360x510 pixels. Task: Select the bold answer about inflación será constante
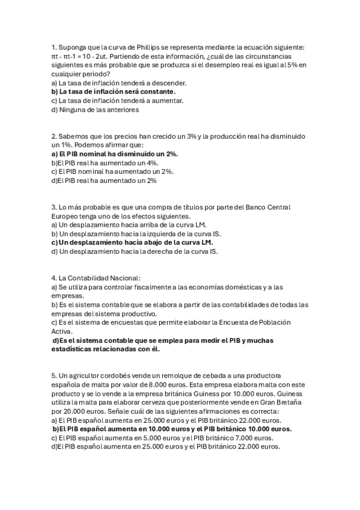pyautogui.click(x=114, y=91)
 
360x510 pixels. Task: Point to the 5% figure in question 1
pyautogui.click(x=286, y=65)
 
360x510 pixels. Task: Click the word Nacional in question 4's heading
pyautogui.click(x=123, y=278)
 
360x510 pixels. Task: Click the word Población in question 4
pyautogui.click(x=273, y=322)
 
